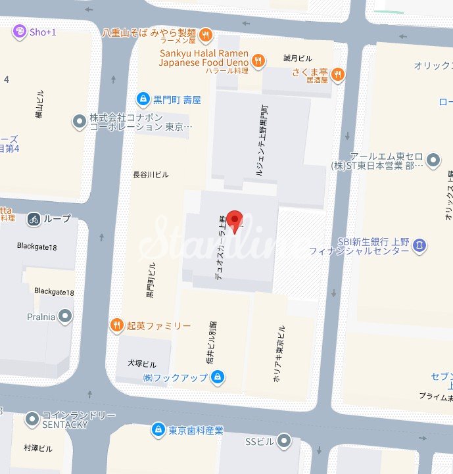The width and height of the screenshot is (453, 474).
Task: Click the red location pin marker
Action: click(235, 222)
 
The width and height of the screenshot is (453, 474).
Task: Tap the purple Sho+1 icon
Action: click(20, 32)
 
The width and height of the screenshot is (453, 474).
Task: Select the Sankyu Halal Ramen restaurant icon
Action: click(259, 59)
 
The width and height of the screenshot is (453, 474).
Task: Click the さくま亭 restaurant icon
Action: click(337, 73)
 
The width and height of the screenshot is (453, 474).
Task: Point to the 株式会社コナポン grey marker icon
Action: click(79, 121)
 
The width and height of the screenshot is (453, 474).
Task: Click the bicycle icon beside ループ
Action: click(34, 219)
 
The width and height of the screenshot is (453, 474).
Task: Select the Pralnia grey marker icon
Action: click(65, 316)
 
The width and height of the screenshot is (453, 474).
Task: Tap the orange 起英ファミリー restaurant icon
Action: click(116, 325)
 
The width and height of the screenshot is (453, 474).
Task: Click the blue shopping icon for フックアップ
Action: click(218, 377)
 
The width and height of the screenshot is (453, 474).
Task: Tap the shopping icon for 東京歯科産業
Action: click(157, 430)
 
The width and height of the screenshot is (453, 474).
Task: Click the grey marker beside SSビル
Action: click(284, 440)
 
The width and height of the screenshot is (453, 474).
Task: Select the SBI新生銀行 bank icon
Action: click(420, 245)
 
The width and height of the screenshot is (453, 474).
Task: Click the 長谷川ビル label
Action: click(151, 175)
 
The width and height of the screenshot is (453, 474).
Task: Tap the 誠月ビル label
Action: click(297, 58)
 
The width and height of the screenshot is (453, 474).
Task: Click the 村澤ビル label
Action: click(37, 448)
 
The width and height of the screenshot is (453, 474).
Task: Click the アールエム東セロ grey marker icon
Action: click(433, 160)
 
